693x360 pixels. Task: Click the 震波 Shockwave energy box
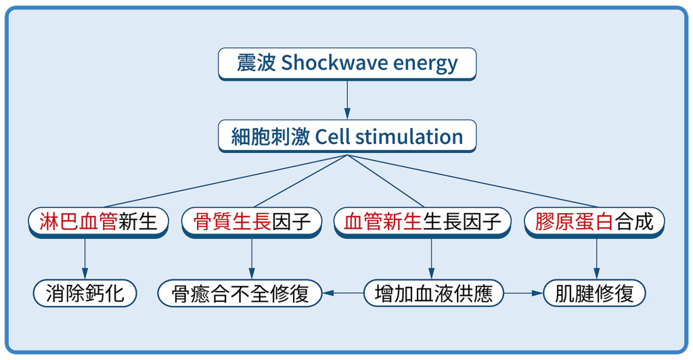[x=347, y=64]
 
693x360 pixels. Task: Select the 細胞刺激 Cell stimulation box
[x=347, y=136]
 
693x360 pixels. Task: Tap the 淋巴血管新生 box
[x=98, y=223]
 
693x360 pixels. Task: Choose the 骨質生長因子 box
[x=252, y=223]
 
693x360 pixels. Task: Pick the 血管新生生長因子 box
[x=422, y=223]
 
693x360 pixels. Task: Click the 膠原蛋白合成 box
[x=594, y=223]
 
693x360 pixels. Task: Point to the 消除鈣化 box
[x=85, y=293]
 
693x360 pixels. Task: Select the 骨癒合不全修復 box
[x=240, y=293]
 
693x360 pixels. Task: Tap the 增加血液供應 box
[x=434, y=293]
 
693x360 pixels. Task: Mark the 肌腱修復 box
[x=594, y=293]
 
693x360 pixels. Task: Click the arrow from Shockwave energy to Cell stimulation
[x=347, y=100]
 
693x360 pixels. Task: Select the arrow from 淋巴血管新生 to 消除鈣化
[x=85, y=259]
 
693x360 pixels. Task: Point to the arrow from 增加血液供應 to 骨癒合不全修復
[x=343, y=293]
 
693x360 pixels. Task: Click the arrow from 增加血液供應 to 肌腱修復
[x=523, y=293]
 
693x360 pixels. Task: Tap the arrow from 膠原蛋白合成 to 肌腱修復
[x=596, y=259]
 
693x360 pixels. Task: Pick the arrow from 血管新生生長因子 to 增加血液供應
[x=431, y=259]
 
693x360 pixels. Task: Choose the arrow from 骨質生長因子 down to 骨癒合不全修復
[x=252, y=259]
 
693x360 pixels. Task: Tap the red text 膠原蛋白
[x=574, y=221]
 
